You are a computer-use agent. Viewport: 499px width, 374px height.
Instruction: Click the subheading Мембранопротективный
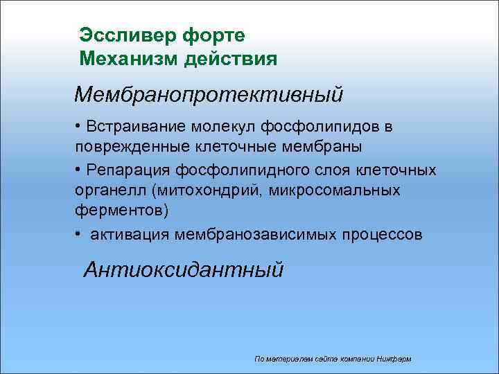point(209,93)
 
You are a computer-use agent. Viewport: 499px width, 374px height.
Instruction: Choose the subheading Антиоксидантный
point(183,269)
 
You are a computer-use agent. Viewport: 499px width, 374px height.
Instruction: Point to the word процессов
point(381,235)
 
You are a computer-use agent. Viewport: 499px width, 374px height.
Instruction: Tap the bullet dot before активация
point(80,235)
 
